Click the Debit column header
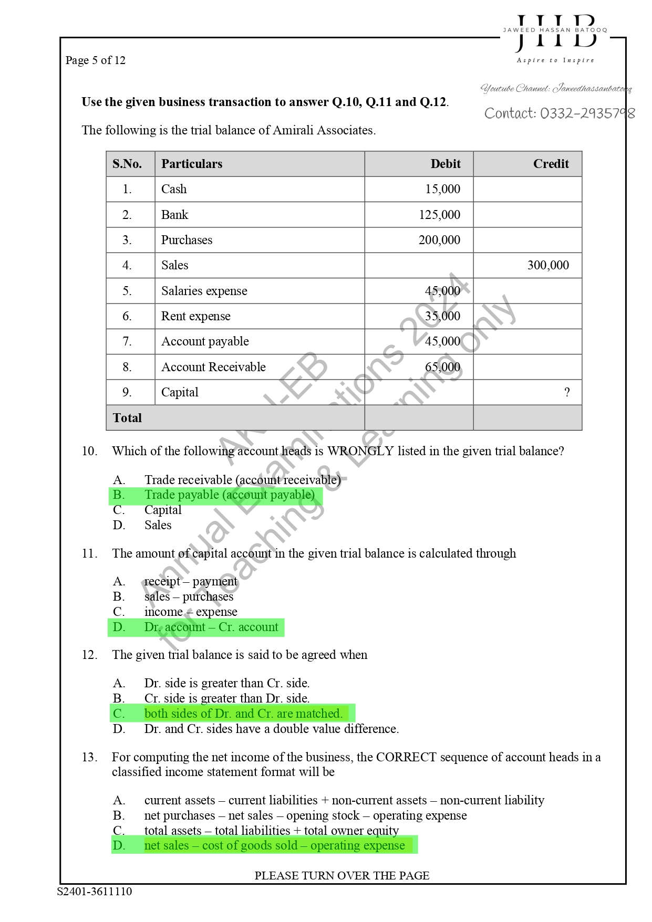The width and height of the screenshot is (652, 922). tap(445, 164)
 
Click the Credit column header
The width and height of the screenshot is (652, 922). tap(550, 164)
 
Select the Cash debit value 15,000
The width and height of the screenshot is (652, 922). tap(442, 189)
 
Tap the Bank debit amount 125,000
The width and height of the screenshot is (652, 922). tap(439, 215)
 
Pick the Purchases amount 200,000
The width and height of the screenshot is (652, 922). tap(439, 240)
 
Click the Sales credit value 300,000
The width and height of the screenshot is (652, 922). tap(547, 265)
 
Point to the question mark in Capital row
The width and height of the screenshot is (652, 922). tap(566, 392)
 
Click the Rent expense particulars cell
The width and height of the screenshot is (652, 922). tap(195, 316)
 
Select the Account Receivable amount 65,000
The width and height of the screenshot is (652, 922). tap(442, 367)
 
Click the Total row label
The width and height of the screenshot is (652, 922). tap(127, 418)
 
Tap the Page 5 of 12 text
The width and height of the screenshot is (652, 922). tap(96, 60)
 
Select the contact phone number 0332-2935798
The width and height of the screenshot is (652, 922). tap(559, 113)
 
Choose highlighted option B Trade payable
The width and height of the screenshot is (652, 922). tap(229, 495)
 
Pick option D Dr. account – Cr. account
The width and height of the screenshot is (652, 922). tap(211, 627)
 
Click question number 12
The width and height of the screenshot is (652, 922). tap(89, 655)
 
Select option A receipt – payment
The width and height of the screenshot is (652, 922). tap(191, 581)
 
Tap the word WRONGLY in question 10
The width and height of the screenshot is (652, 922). tap(360, 451)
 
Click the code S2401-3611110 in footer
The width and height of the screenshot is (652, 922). tap(95, 892)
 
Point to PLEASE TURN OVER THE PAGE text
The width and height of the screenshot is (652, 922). tap(342, 876)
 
